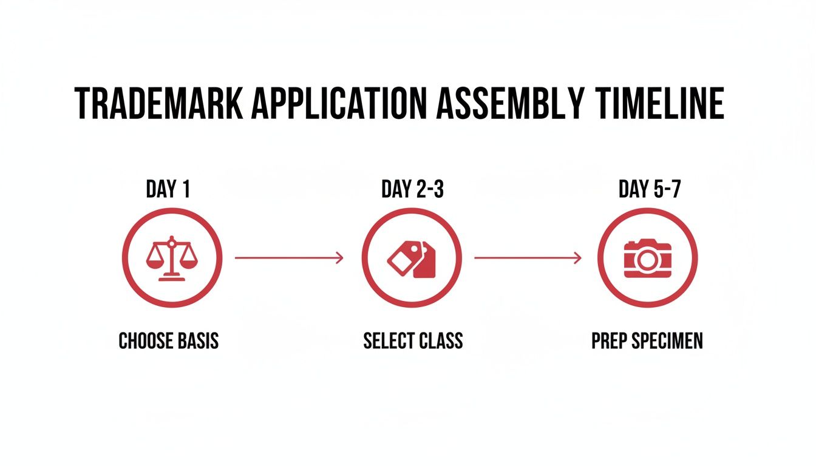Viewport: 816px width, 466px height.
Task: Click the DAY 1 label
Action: pos(168,190)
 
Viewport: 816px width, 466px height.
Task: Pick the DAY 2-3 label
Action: pos(413,190)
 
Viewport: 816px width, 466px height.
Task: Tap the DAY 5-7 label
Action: pos(650,190)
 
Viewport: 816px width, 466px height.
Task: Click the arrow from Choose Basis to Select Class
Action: pos(289,258)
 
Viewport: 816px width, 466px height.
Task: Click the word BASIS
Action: pos(197,341)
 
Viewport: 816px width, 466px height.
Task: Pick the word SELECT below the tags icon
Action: pos(387,341)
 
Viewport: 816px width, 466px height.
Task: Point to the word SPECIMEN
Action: pos(667,341)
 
